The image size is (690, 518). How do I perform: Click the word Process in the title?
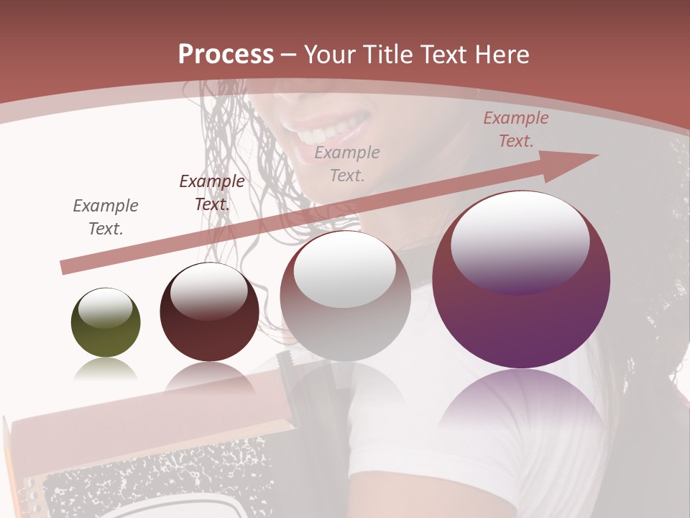[226, 55]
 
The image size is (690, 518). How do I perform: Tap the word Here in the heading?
[500, 55]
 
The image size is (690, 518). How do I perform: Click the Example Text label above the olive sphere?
[106, 217]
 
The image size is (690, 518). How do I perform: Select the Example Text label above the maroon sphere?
[211, 193]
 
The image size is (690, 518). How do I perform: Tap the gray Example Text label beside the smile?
[347, 163]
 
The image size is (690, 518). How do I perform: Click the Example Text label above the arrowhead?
[515, 129]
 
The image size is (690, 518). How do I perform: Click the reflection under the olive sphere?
[106, 370]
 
